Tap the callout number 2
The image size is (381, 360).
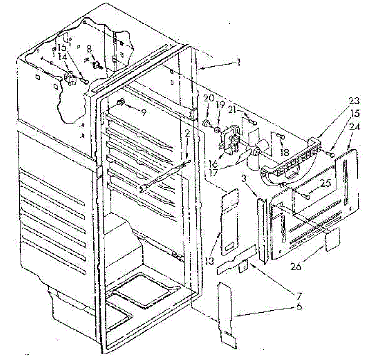187,134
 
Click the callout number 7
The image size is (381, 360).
298,297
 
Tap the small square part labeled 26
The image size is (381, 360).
332,239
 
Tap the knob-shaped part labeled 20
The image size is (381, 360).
207,123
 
